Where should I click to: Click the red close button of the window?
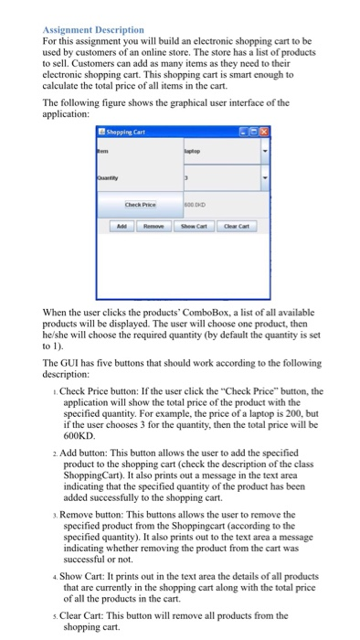[265, 133]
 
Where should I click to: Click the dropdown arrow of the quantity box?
[265, 179]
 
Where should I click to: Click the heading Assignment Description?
[93, 30]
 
